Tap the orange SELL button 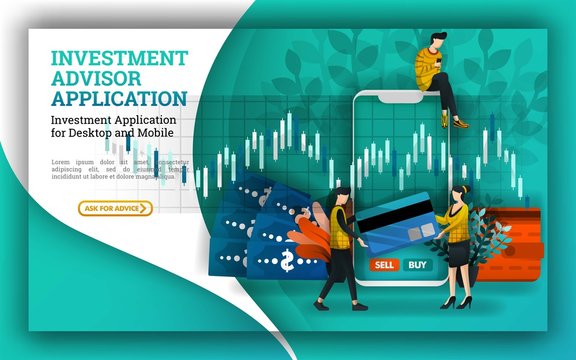[382, 265]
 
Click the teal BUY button [416, 265]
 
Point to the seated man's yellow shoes [458, 122]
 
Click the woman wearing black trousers [337, 245]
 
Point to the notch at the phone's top [403, 98]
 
